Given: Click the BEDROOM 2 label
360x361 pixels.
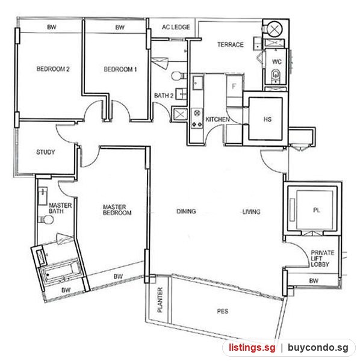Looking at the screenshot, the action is [53, 69].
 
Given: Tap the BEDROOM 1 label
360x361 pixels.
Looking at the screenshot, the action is [120, 69].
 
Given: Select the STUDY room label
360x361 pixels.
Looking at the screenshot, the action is [46, 152].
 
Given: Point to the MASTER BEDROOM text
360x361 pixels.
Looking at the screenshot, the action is [117, 210].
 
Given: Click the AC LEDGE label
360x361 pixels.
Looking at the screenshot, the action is [176, 27].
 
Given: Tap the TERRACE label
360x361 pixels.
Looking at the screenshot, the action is [231, 45].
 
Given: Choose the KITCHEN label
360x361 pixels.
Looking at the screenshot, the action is [217, 119].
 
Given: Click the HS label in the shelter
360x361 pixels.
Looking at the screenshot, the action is [267, 119].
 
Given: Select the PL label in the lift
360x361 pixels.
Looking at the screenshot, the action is [317, 210].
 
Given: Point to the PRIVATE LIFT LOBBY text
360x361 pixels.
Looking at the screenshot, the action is [323, 259].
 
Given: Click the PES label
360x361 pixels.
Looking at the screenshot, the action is [223, 311].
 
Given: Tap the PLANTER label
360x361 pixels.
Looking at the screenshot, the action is [160, 300].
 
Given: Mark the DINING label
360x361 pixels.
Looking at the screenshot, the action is [186, 211].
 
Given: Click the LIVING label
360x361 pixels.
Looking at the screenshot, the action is [251, 212].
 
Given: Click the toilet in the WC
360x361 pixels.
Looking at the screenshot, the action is [275, 75].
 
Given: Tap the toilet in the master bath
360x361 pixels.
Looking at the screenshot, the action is [46, 220].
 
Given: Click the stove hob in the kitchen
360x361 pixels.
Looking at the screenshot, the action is [197, 119].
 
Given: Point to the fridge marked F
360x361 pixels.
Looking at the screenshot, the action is [234, 86].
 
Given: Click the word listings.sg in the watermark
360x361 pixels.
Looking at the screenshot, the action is [252, 347].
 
